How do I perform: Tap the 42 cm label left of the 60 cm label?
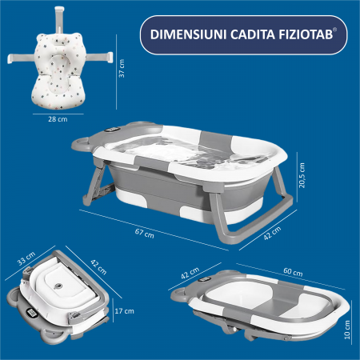coord(190,274)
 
